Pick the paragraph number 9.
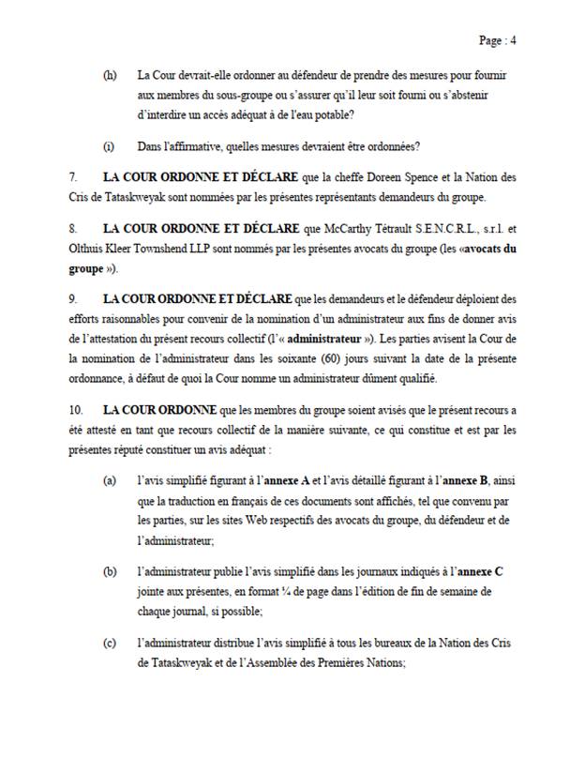point(72,299)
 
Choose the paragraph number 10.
point(76,410)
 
